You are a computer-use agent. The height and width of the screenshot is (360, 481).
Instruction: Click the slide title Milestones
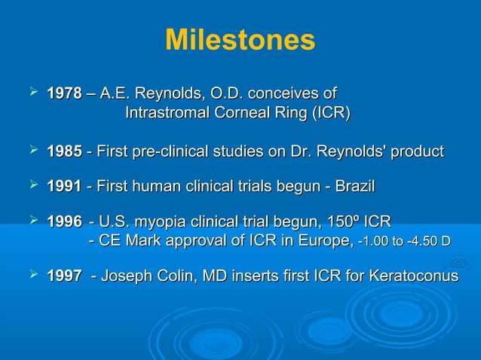coord(240,41)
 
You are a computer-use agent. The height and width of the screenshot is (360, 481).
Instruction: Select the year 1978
coord(64,94)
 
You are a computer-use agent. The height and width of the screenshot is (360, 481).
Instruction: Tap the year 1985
coord(64,151)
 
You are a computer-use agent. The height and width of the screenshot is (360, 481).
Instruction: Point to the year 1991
coord(64,186)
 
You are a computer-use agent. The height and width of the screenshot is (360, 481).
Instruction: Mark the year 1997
coord(64,276)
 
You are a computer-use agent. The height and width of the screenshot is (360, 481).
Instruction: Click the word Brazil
coord(352,186)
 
